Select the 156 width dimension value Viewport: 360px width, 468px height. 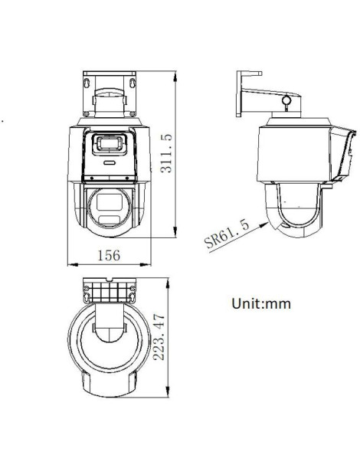(x=112, y=255)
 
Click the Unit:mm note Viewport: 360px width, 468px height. (x=261, y=303)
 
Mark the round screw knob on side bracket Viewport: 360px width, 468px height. (x=287, y=100)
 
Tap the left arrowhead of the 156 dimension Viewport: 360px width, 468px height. (x=72, y=265)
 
